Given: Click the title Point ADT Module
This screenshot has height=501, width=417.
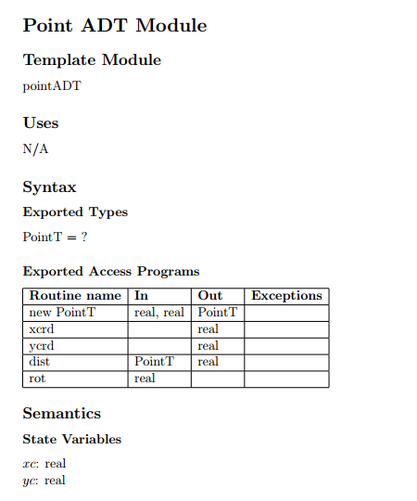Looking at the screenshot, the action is [x=115, y=25].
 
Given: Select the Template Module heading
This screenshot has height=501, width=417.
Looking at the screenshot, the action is [x=92, y=60].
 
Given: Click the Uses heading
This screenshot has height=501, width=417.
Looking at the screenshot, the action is [x=41, y=122].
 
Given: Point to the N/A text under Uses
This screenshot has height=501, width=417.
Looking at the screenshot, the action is [x=35, y=148].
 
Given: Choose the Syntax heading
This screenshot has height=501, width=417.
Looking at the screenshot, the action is [x=49, y=187].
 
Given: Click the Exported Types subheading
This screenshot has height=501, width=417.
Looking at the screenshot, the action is [x=75, y=212].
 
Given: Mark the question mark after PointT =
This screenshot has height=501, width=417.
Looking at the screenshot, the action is [x=84, y=237].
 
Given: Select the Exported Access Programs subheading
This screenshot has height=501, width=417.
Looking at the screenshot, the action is [x=111, y=272].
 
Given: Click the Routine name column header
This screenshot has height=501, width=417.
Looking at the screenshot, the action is [x=75, y=296].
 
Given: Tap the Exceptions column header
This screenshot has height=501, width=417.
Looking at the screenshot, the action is [x=287, y=296].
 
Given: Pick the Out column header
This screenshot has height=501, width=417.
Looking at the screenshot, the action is [x=210, y=296].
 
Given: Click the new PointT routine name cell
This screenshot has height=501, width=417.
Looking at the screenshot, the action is [x=62, y=313].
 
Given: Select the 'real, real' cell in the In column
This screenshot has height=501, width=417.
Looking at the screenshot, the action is [x=160, y=313].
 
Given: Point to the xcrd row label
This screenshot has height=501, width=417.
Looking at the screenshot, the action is [x=42, y=329].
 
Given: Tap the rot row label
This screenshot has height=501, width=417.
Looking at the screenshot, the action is [x=37, y=379].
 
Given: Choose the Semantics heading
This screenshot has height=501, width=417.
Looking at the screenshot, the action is [x=62, y=414].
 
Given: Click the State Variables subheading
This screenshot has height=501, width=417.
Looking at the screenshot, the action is [x=71, y=439].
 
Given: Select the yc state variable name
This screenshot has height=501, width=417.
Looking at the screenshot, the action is [x=29, y=481].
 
